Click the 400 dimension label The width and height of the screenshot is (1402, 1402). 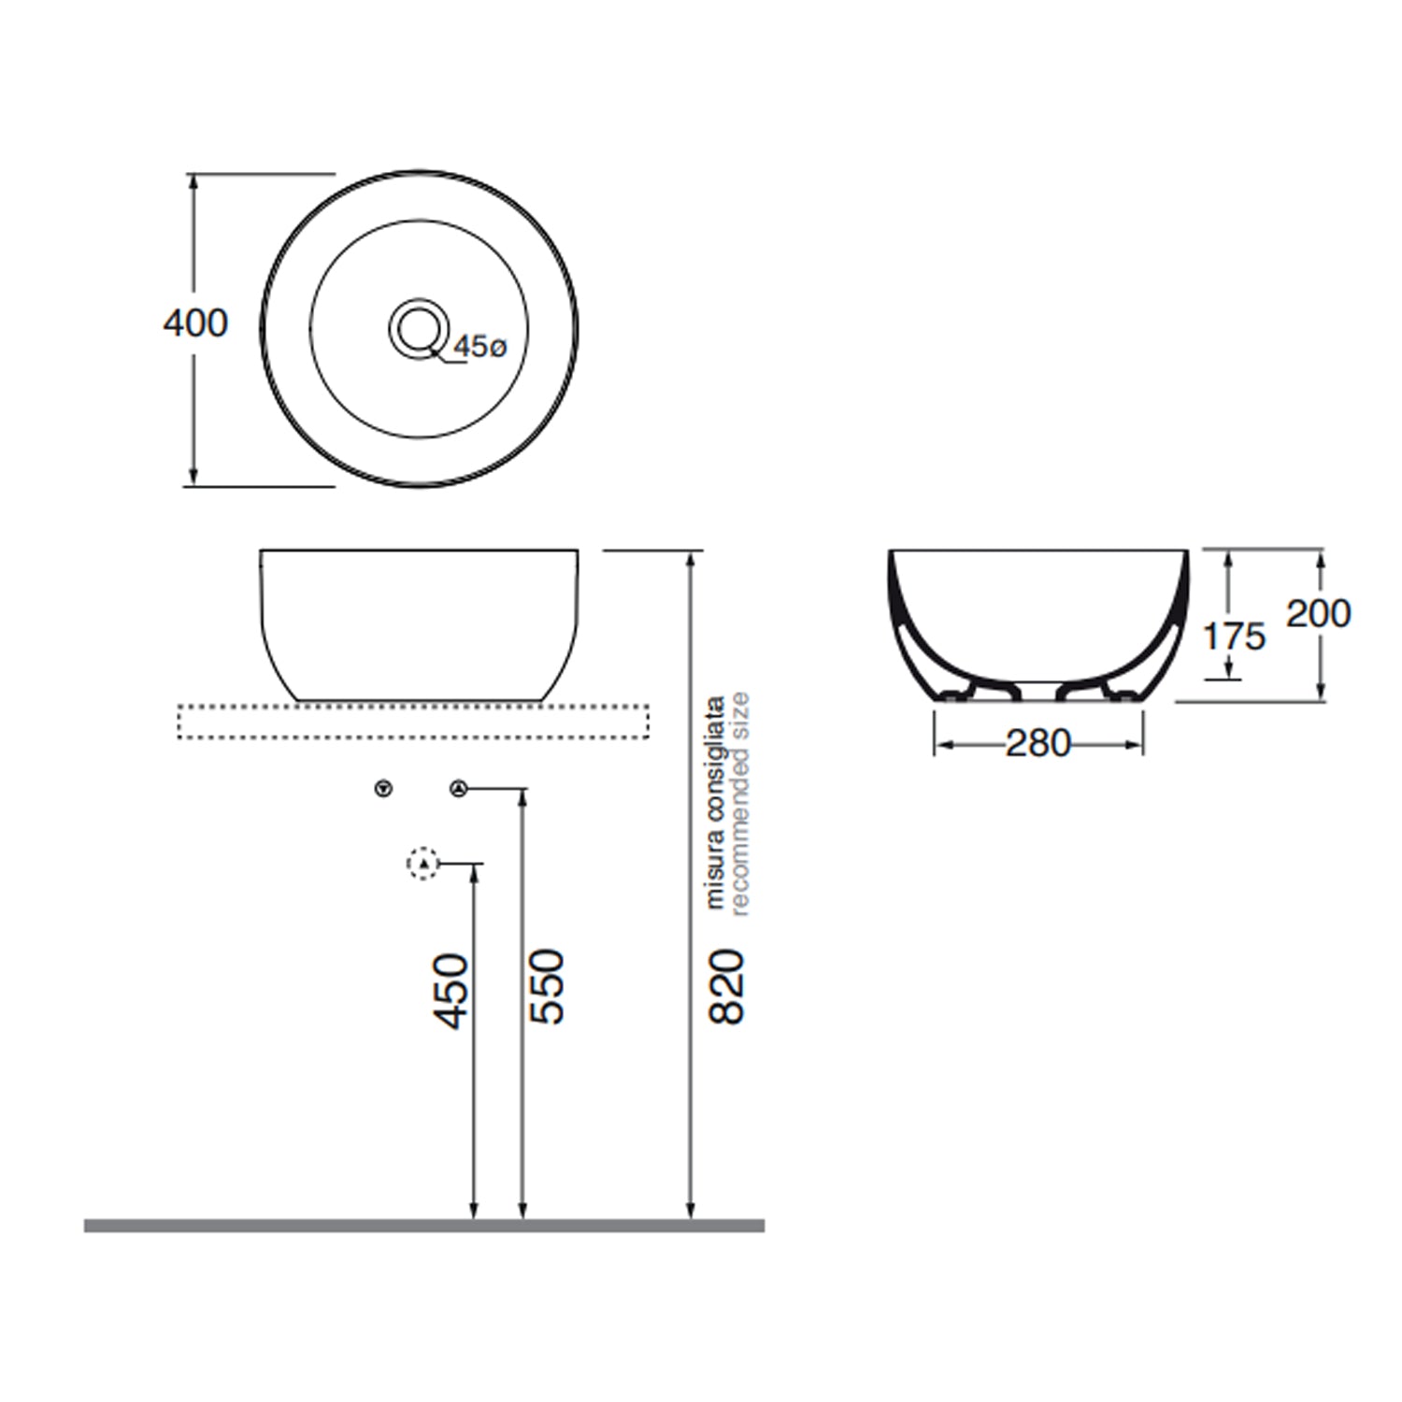[195, 323]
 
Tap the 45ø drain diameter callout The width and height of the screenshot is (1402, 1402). [479, 348]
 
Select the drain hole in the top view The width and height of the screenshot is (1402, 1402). [418, 328]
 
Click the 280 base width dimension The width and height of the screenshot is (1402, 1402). [1037, 744]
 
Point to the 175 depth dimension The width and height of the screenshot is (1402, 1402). [1234, 637]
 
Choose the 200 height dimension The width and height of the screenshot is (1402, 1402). [1318, 614]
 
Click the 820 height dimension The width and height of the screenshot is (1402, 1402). [727, 987]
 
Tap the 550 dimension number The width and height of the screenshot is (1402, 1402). [548, 987]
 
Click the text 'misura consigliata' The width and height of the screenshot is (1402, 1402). [715, 802]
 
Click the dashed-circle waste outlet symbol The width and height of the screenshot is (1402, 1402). [423, 864]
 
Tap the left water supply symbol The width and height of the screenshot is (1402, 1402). [383, 789]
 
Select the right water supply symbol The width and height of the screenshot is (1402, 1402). [458, 789]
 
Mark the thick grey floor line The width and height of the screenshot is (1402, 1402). [424, 1225]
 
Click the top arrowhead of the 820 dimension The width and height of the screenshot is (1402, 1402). [691, 559]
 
